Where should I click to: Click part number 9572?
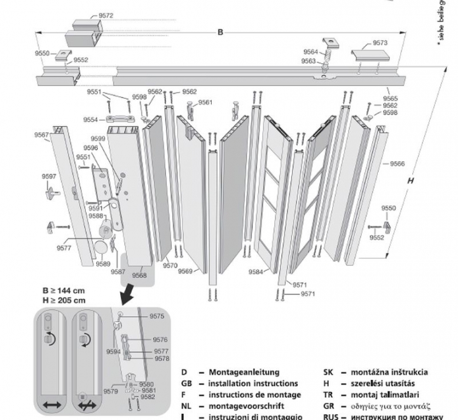(106, 15)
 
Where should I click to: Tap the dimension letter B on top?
(221, 32)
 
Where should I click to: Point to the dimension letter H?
(410, 181)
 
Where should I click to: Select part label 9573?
(380, 43)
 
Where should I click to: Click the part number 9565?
(390, 99)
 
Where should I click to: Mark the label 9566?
(397, 164)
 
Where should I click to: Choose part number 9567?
(42, 134)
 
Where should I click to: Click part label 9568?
(139, 275)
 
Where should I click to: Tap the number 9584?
(256, 272)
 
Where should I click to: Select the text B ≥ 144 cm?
(59, 290)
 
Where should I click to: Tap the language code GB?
(186, 384)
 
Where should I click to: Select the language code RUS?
(331, 417)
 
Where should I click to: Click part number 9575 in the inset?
(157, 316)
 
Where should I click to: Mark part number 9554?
(90, 120)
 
